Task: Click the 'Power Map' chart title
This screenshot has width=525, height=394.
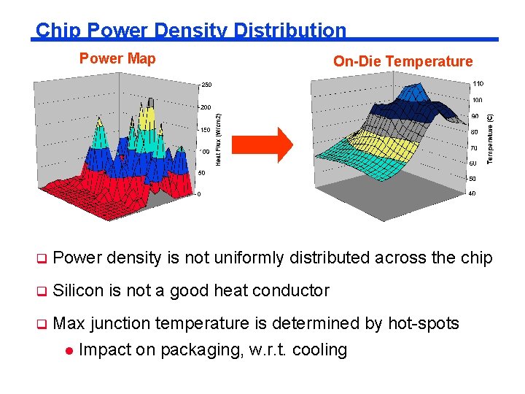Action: click(x=117, y=58)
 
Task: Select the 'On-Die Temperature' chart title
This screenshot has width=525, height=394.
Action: click(x=402, y=62)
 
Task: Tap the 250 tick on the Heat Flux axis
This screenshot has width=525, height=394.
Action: click(x=206, y=85)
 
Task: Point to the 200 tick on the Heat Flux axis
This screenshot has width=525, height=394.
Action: click(x=206, y=107)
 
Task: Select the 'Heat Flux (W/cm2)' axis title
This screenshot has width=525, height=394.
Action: click(x=218, y=137)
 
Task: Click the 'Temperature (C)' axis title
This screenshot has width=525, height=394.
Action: click(x=490, y=138)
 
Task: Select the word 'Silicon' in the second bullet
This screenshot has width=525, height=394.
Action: click(x=79, y=290)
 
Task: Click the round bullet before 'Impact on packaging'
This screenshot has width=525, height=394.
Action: click(x=69, y=350)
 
